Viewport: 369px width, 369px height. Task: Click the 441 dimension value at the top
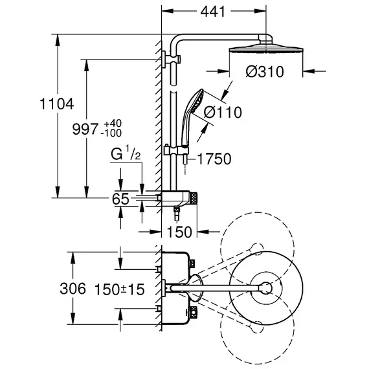point(212,11)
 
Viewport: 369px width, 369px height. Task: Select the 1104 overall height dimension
point(57,104)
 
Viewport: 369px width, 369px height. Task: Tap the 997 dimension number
point(85,129)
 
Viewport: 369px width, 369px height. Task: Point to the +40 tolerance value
point(113,123)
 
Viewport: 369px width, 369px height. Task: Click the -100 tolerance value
point(111,133)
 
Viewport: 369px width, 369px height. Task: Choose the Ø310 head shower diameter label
point(265,72)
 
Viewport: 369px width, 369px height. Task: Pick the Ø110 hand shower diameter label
point(223,112)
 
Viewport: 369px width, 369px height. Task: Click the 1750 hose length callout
point(214,159)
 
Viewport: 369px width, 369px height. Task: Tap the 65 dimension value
point(120,199)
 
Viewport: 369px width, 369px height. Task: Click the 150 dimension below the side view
point(179,232)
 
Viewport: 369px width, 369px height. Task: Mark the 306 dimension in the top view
point(73,289)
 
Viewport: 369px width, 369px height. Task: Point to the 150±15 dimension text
point(119,289)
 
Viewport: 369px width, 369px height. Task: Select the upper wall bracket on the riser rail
point(172,59)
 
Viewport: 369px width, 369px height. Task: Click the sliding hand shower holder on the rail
point(176,150)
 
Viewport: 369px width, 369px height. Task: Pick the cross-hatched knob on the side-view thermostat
point(194,198)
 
